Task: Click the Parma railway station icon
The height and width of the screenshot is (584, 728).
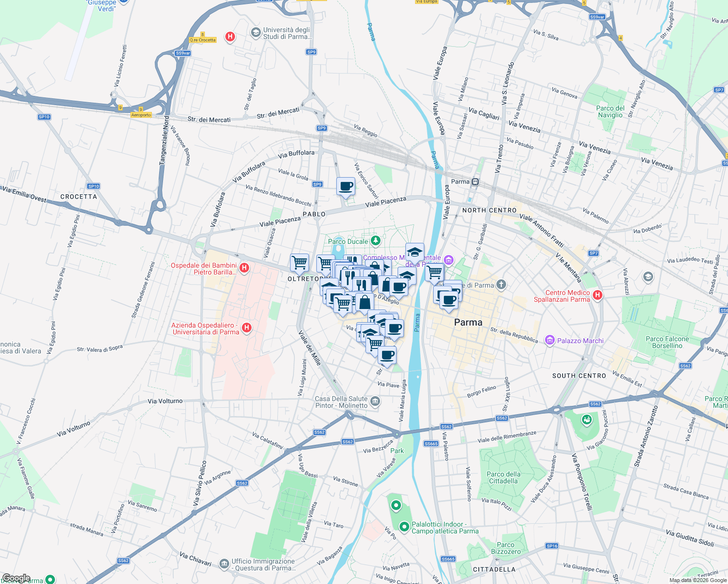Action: coord(475,182)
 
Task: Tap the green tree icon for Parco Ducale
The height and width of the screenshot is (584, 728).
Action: coord(375,241)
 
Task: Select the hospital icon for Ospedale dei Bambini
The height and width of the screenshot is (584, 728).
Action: coord(244,268)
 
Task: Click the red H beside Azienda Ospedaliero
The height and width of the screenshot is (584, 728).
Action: coord(247,328)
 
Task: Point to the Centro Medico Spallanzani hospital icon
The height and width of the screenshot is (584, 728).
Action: coord(598,295)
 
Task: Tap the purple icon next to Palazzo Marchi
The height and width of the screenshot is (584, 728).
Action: coord(550,340)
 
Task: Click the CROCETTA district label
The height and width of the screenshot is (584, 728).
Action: coord(79,197)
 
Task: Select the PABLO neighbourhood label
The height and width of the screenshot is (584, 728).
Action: coord(314,214)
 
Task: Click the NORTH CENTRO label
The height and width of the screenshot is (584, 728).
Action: coord(489,210)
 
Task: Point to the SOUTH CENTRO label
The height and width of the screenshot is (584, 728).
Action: coord(579,376)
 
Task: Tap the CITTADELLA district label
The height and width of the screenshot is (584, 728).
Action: coord(494,569)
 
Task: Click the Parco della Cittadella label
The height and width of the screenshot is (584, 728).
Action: coord(504,477)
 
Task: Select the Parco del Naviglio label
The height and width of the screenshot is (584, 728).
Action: coord(610,112)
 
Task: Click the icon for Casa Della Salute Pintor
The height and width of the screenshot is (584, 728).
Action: coord(375,401)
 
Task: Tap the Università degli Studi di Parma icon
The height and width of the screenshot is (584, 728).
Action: coord(255,32)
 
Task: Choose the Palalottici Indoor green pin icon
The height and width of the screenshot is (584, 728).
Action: coord(404,527)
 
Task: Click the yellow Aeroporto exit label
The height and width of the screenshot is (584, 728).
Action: coord(141,115)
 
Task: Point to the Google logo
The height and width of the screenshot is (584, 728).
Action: coord(16,578)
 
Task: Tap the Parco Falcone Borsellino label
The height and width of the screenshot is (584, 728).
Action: coord(667,342)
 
